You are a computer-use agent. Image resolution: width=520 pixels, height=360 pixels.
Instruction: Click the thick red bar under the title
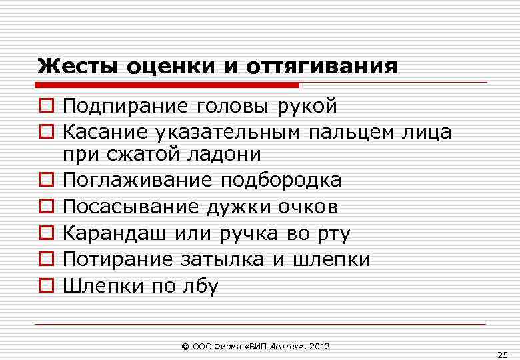tap(167, 85)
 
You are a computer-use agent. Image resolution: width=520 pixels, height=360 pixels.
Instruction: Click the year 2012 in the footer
tap(318, 347)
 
